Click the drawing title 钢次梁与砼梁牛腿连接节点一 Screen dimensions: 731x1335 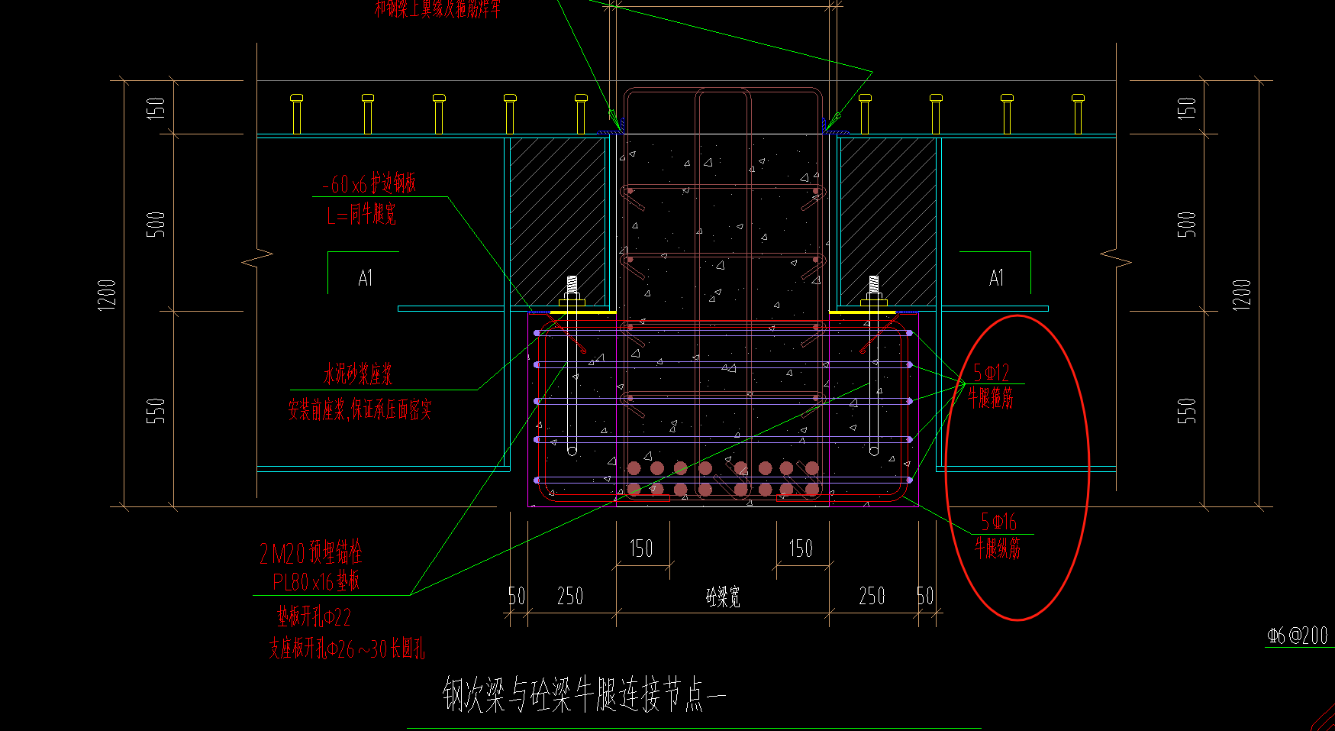584,694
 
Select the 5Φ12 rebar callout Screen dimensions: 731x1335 992,373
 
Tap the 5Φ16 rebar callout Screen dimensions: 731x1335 998,522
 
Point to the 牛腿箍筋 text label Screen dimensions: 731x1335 991,397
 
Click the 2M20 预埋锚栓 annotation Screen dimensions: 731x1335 310,552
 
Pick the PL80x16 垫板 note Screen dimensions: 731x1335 316,582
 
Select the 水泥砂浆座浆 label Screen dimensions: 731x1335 357,374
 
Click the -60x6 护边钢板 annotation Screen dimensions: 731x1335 369,184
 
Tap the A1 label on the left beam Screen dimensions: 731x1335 366,278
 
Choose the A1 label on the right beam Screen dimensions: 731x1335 996,278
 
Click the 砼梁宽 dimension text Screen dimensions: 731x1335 723,597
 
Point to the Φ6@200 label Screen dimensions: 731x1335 1298,636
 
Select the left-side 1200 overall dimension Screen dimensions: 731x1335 108,294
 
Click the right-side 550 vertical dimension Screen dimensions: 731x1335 1186,410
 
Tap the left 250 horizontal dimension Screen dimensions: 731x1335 570,597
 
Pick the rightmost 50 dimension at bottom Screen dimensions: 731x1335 925,597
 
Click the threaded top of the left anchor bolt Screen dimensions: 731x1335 572,284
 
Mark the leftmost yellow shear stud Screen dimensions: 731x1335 297,114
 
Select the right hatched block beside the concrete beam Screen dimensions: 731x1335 888,222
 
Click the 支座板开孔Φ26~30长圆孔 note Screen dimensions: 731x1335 347,649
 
